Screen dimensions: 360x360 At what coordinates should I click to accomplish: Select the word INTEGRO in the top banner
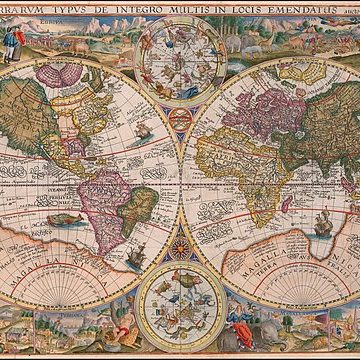[x=132, y=7]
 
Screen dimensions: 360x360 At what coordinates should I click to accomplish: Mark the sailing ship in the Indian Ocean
[x=324, y=226]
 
